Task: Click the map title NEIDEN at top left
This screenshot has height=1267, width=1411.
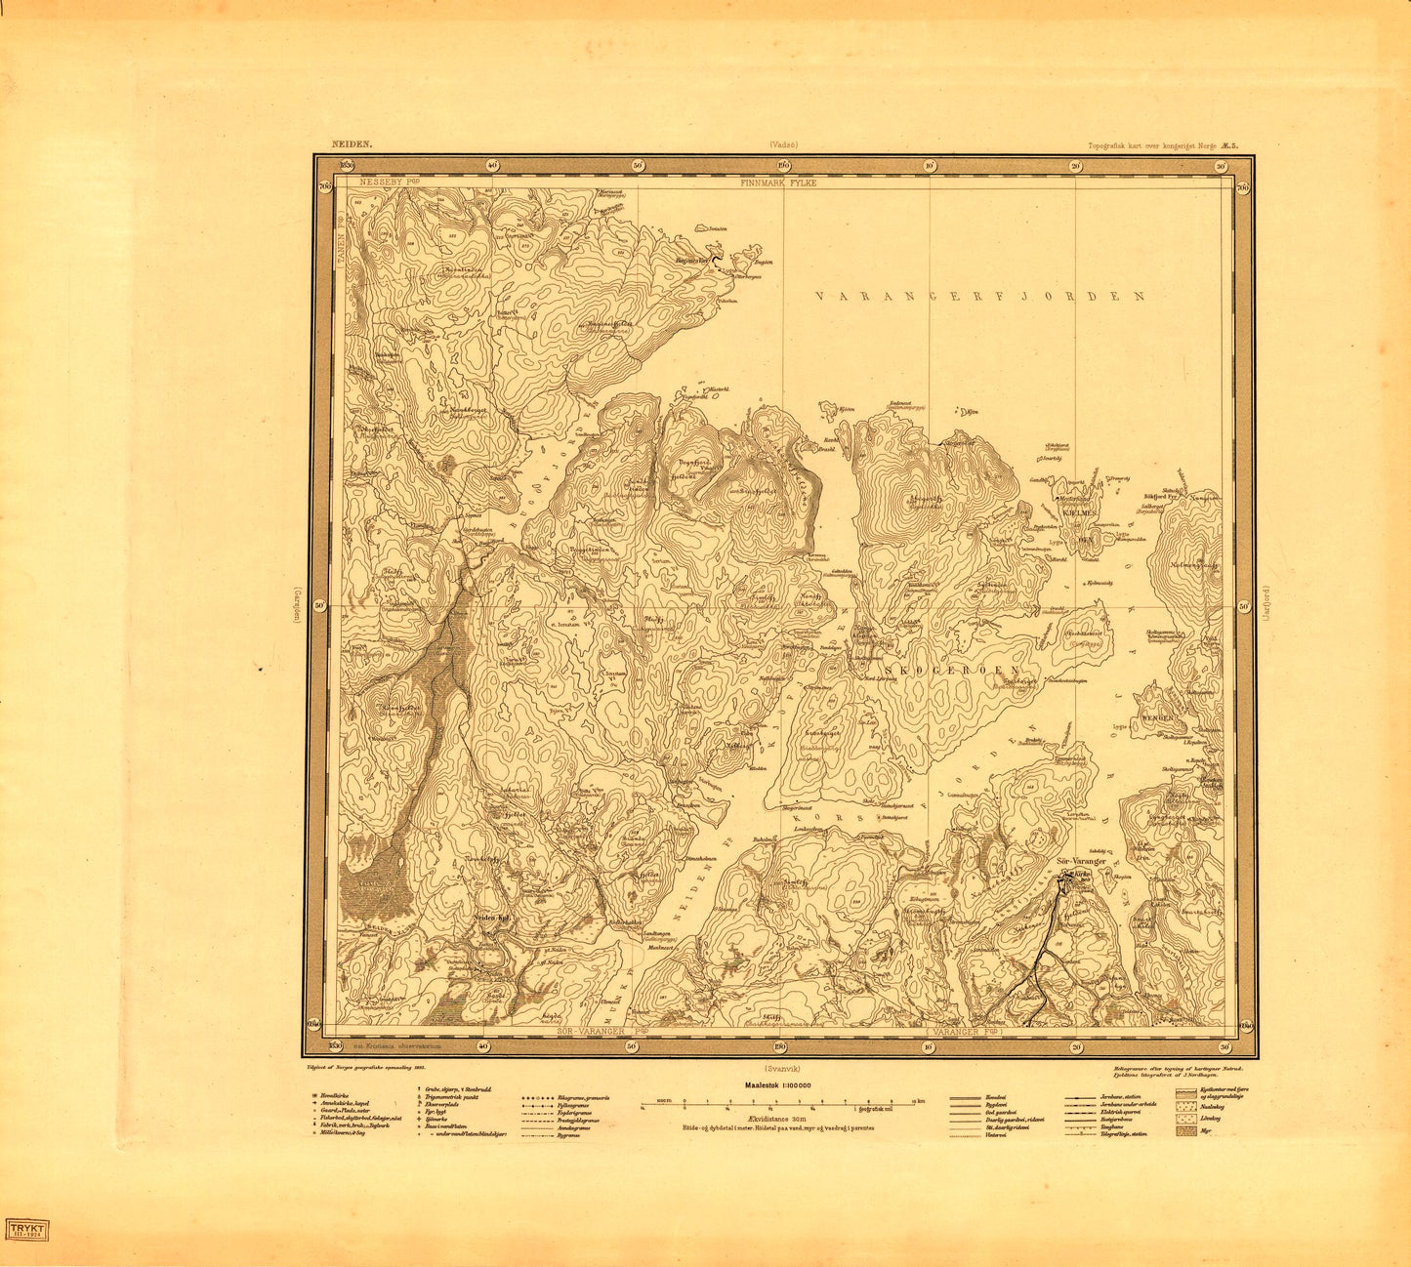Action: (345, 144)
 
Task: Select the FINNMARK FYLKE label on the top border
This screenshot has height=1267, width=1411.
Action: (777, 183)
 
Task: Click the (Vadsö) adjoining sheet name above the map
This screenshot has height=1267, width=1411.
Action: (783, 144)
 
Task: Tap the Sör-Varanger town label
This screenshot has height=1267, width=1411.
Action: (1081, 861)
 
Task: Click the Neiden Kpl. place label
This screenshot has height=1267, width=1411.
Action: (491, 919)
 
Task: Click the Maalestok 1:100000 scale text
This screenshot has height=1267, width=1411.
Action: (778, 1085)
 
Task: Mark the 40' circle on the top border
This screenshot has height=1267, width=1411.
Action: (492, 166)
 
